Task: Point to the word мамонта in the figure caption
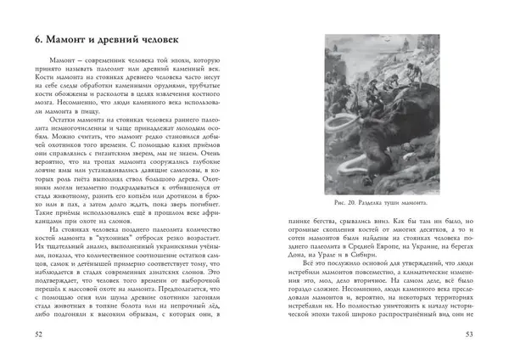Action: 433,204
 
